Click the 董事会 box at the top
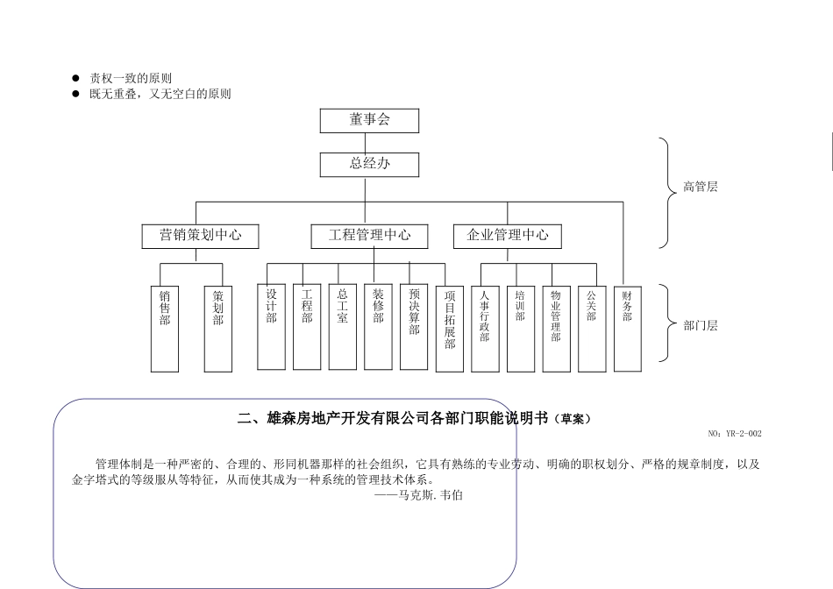[369, 120]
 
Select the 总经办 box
[369, 164]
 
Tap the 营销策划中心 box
[200, 235]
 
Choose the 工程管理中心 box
[369, 235]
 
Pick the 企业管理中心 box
[508, 235]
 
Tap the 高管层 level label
[701, 187]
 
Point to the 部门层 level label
[701, 325]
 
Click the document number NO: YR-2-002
[734, 434]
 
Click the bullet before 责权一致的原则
[75, 79]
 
